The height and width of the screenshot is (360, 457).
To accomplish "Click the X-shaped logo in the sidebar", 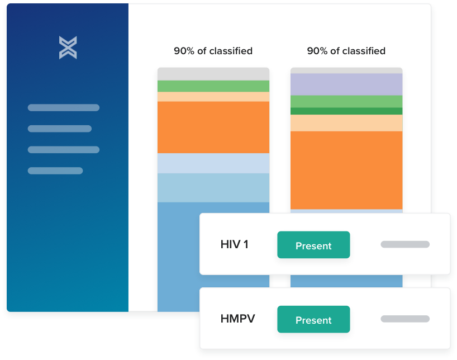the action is [68, 48].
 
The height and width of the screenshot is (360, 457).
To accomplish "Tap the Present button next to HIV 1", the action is [313, 245].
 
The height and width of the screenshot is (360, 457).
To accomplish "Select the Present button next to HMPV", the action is [313, 319].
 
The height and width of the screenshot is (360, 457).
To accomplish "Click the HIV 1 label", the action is [234, 244].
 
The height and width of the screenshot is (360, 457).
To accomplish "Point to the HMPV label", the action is [237, 319].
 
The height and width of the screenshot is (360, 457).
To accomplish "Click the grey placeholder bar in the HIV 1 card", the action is [405, 244].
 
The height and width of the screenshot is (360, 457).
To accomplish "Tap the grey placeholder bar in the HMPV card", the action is [405, 319].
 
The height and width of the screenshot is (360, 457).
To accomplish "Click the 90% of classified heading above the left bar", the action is [213, 51].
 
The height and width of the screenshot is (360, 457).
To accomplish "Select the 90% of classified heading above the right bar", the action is [346, 51].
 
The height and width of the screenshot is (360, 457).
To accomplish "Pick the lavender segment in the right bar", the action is [346, 84].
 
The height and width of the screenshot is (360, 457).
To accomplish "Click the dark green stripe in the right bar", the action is [346, 111].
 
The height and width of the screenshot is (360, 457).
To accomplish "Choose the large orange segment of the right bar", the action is [346, 170].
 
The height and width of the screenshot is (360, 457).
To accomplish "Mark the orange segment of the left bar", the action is [213, 127].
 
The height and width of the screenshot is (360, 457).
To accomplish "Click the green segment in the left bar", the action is [213, 86].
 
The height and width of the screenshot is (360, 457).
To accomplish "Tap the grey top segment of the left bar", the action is [213, 74].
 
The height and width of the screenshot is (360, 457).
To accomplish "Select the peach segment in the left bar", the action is [213, 97].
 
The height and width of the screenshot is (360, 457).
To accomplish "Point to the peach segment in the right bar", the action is [346, 123].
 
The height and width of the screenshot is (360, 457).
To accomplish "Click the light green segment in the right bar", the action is [346, 102].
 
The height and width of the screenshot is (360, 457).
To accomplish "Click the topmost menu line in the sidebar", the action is [64, 108].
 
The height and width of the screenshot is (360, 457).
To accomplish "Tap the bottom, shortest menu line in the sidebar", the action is [55, 170].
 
